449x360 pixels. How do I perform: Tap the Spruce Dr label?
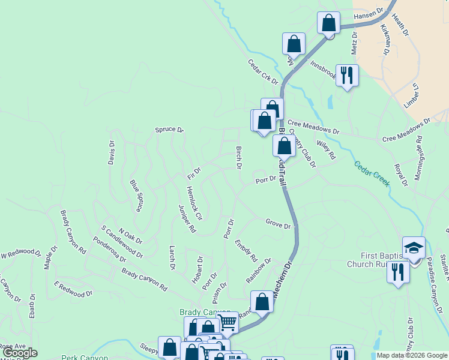pos(169,130)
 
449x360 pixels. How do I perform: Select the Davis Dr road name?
pos(111,152)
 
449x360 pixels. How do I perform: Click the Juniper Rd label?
pos(187,218)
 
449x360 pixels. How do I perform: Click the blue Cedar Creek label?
pos(372,174)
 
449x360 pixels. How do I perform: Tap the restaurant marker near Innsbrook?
pos(346,75)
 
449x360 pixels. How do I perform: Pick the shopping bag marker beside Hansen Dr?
pos(328,23)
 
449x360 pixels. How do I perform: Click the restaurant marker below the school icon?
pos(397,272)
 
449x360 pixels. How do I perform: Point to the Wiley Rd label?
pos(327,149)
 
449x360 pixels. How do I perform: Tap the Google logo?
pos(19,353)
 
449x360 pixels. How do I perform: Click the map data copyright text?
pos(411,355)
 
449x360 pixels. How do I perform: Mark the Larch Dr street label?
pos(172,257)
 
